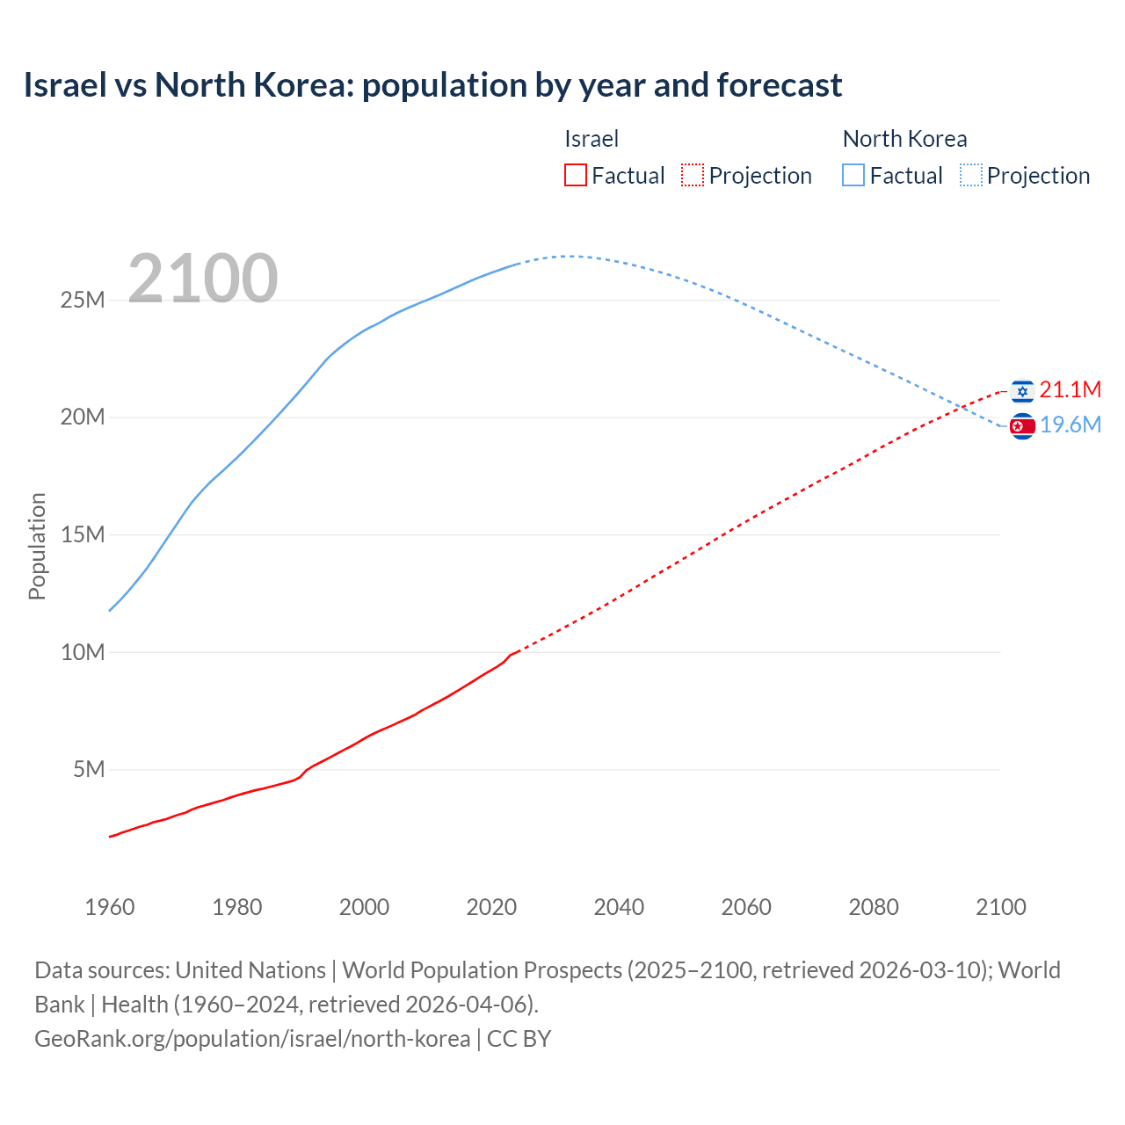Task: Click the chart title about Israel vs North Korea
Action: click(432, 85)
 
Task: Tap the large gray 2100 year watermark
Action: click(203, 279)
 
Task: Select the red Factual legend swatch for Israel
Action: click(575, 175)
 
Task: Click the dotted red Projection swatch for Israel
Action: click(693, 175)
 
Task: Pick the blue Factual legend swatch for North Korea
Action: click(853, 175)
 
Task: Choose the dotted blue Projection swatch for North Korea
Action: click(970, 175)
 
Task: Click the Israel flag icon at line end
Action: click(1021, 391)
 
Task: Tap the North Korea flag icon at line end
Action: click(1021, 426)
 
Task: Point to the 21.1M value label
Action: click(1070, 390)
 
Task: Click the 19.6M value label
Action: click(1070, 425)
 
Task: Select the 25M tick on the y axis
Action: click(83, 301)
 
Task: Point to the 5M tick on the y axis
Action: click(89, 770)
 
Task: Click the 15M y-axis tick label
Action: click(83, 535)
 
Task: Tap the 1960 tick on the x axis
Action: click(110, 907)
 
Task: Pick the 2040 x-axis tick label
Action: click(619, 907)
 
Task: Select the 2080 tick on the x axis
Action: click(874, 907)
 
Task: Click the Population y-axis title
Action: click(37, 546)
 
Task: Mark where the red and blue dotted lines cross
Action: click(965, 406)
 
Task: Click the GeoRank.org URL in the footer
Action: click(252, 1039)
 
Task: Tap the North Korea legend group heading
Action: click(904, 139)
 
